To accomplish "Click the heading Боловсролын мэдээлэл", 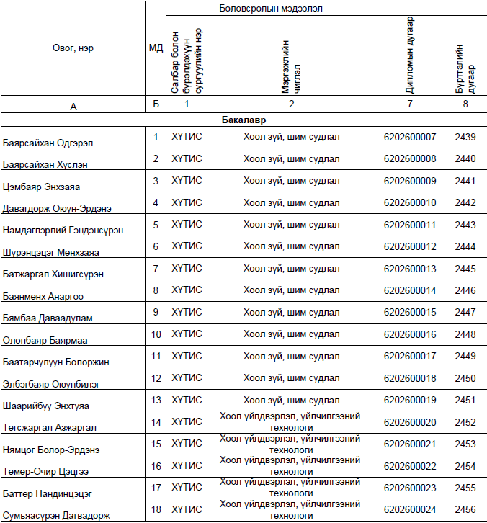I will coord(269,8).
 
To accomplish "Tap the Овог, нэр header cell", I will coord(73,48).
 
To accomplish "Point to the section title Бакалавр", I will coord(243,120).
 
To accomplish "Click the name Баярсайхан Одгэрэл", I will coord(48,143).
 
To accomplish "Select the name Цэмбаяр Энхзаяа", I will coord(41,187).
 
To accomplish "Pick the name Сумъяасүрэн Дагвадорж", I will coord(56,515).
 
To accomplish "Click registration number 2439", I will coord(465,137).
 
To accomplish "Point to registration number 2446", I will coord(465,290).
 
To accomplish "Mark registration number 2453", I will coord(465,444).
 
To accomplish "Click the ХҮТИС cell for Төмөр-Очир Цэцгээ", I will coord(186,465).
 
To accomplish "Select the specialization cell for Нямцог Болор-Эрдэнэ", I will coord(290,443).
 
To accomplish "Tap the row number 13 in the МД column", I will coord(156,400).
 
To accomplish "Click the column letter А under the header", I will coord(73,106).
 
